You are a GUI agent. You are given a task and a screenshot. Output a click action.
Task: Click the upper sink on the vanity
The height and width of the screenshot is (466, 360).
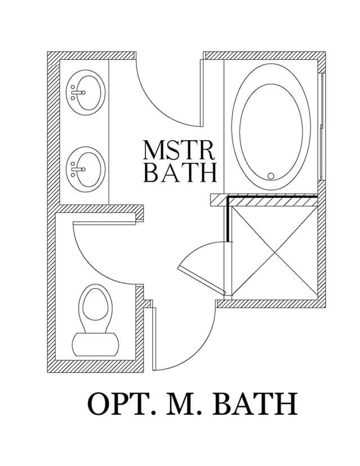point(86,92)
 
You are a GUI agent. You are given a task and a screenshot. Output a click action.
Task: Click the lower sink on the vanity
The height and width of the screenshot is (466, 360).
point(86,169)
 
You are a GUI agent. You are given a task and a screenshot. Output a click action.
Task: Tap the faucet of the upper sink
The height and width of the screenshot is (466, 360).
point(78,92)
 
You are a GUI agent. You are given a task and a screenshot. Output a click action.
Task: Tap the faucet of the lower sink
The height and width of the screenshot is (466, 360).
point(78,169)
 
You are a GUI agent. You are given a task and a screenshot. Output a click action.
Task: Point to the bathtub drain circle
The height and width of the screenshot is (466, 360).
point(270,176)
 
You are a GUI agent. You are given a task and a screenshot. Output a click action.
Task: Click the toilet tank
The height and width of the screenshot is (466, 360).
point(96,344)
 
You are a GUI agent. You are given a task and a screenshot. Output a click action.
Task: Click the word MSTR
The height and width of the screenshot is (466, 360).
point(179,150)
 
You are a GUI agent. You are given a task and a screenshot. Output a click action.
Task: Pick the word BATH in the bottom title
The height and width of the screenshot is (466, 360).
point(255,404)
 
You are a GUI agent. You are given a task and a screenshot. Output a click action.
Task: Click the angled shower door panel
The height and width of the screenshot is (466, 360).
point(201,279)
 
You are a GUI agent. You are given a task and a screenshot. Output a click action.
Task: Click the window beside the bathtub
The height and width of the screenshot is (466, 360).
point(321,126)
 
